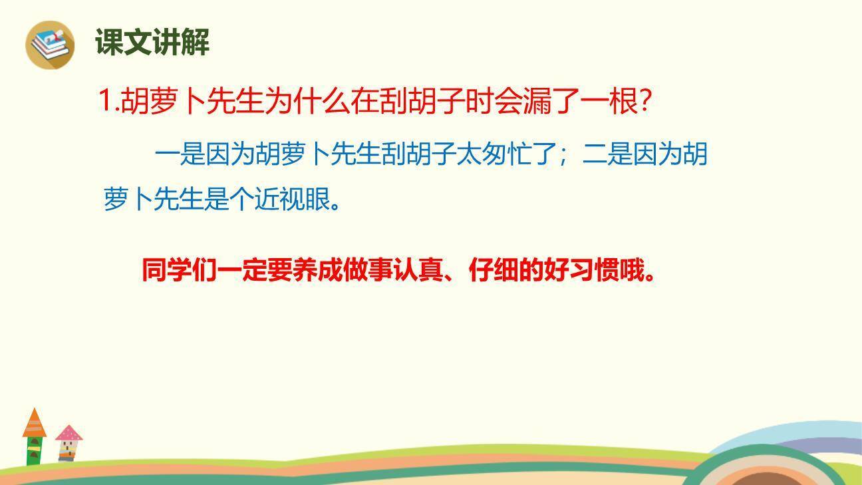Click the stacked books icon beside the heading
pos(50,44)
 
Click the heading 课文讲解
pos(152,43)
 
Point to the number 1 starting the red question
pos(105,102)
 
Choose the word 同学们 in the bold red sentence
pos(179,270)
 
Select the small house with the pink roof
pos(68,442)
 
